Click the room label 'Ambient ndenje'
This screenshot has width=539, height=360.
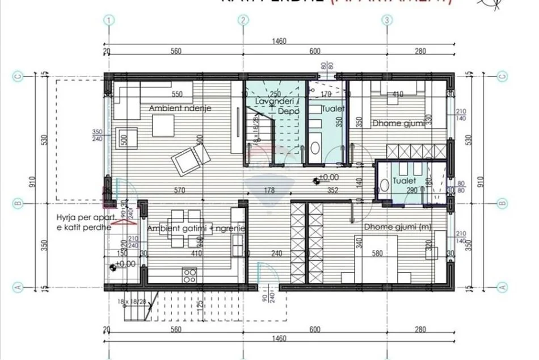[172, 108]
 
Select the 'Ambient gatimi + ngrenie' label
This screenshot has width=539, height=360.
[196, 228]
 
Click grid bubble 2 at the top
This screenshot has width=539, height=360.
[243, 20]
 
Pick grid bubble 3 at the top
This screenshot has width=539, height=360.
[387, 20]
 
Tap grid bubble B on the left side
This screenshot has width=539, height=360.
[18, 203]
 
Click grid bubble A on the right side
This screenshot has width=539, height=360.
[502, 287]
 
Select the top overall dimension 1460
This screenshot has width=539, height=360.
[278, 41]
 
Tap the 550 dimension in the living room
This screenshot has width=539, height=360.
[177, 94]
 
